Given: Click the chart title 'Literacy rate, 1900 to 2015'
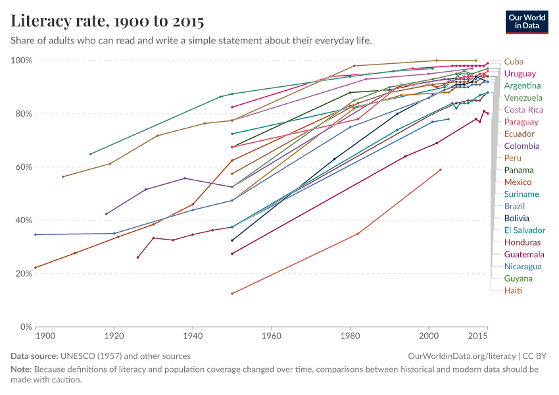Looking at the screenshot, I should (x=107, y=21).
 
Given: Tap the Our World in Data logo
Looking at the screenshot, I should (x=527, y=21).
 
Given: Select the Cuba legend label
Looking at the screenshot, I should (x=514, y=61).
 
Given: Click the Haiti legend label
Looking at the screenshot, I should (x=513, y=290).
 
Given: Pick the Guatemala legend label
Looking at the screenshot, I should (x=524, y=254).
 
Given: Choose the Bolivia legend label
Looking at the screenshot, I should (x=516, y=218).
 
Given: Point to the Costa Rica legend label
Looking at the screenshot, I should (x=523, y=109).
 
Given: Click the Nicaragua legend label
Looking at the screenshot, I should (x=523, y=266).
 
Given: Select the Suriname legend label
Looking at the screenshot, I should (x=522, y=194).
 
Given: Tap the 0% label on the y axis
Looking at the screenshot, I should (x=26, y=327).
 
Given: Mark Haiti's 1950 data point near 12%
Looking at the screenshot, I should (x=232, y=294).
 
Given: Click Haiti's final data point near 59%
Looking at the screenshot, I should (x=441, y=170).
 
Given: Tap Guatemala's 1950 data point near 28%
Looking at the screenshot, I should (x=232, y=253).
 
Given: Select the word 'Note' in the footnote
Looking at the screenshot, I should (x=21, y=369).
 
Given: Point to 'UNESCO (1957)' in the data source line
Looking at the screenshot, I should (x=89, y=355).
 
